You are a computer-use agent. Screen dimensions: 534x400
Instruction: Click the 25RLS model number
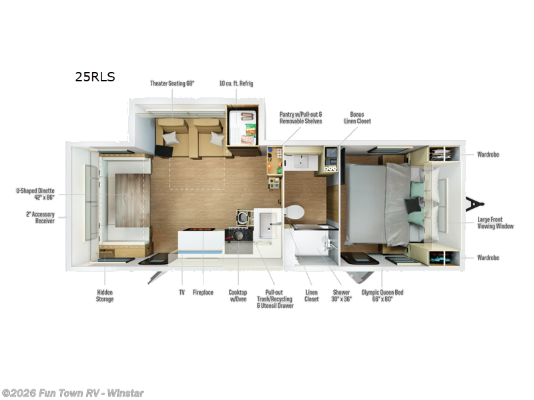(x=95, y=77)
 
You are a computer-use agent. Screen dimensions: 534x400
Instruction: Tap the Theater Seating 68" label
(x=172, y=83)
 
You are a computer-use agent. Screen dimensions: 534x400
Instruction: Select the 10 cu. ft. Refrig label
(x=236, y=83)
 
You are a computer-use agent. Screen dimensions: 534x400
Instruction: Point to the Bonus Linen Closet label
(x=357, y=118)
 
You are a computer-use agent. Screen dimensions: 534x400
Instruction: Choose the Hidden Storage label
(x=105, y=295)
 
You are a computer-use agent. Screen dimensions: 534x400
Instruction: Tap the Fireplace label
(x=203, y=293)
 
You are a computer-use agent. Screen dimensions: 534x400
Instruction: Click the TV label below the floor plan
(x=182, y=293)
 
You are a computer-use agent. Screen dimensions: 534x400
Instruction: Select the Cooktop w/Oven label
(x=238, y=295)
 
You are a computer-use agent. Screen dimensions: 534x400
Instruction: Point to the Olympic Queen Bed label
(x=382, y=295)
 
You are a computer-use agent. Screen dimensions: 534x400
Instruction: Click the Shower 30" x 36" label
(x=341, y=295)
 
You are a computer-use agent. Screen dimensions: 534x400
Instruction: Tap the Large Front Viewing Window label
(x=495, y=223)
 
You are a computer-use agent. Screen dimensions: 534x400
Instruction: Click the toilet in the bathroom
(x=294, y=212)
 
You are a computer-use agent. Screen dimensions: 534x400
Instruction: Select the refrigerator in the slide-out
(x=242, y=127)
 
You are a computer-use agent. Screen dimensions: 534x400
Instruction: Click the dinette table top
(x=127, y=201)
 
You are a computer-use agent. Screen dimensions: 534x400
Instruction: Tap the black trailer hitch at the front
(x=475, y=204)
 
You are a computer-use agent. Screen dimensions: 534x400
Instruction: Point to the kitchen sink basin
(x=268, y=226)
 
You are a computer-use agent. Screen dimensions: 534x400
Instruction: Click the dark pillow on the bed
(x=413, y=206)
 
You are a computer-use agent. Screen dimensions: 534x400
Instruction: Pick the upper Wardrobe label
(x=488, y=155)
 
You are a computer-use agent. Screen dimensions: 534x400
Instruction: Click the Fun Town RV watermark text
(x=73, y=393)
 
